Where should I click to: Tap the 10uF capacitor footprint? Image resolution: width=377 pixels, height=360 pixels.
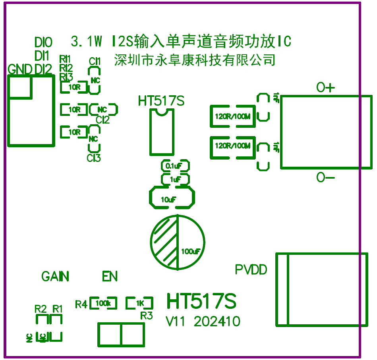(172, 198)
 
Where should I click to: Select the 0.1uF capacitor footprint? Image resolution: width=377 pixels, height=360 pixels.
(175, 166)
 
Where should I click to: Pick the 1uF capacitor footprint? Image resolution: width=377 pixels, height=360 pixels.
(175, 179)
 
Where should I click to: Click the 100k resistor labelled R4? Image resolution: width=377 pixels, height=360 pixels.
(103, 303)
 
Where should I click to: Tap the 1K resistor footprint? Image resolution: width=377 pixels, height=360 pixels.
(139, 303)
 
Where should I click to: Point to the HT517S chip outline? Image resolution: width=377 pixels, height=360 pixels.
(162, 131)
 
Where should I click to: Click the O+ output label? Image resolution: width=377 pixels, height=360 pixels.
(325, 88)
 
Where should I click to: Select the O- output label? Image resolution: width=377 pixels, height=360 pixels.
(325, 178)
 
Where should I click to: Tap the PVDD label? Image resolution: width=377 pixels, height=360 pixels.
(251, 270)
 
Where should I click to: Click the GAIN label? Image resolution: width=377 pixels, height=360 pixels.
(55, 276)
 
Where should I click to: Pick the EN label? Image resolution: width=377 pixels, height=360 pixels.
(110, 276)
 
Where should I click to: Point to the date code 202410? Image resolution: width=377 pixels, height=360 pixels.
(217, 321)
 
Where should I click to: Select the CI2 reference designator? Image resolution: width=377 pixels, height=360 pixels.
(102, 119)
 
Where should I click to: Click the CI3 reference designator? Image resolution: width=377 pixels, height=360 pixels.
(94, 158)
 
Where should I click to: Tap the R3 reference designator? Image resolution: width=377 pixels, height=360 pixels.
(147, 316)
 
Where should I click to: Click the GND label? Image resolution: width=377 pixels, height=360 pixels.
(20, 69)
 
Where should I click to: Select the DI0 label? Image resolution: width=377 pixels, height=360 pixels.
(43, 42)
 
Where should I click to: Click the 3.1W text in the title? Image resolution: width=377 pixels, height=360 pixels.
(87, 41)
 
